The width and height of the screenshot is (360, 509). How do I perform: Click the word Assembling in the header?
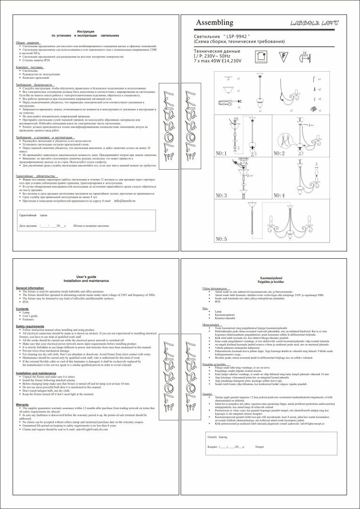(x=214, y=23)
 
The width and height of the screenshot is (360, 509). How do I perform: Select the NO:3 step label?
(x=221, y=195)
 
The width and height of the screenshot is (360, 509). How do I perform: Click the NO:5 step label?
(x=221, y=239)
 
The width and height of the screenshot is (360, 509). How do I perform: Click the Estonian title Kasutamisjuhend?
(x=270, y=279)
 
